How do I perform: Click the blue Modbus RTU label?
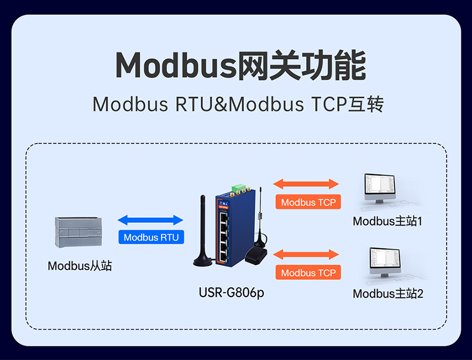tap(151, 237)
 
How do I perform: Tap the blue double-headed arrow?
tap(151, 220)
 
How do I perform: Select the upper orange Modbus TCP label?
tap(308, 202)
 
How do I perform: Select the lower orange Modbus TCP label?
tap(308, 272)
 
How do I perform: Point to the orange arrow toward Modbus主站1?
tap(307, 184)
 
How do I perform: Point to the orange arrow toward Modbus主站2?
tap(307, 255)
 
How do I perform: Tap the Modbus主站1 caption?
tap(388, 221)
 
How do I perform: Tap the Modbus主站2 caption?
tap(388, 293)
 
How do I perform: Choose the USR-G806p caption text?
tap(231, 292)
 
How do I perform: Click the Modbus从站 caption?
tap(80, 266)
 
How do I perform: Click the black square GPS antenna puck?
tap(255, 255)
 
